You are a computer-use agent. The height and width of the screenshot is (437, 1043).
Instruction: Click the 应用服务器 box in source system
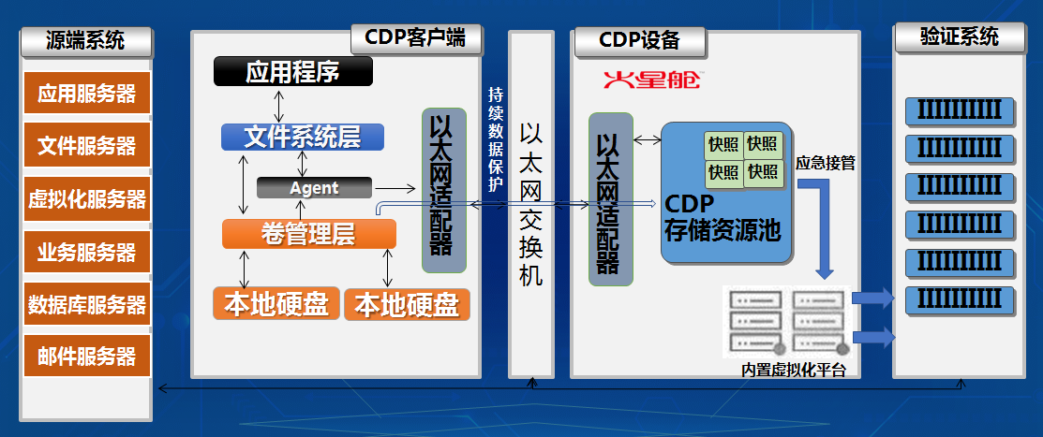tap(86, 95)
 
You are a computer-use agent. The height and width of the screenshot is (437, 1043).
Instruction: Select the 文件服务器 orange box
tap(86, 147)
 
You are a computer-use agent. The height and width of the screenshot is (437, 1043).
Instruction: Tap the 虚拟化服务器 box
tap(86, 199)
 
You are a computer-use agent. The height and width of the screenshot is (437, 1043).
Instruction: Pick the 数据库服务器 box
tap(86, 305)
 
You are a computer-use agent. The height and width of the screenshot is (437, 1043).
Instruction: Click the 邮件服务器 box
tap(86, 357)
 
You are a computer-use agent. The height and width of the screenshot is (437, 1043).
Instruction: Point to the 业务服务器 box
tap(86, 253)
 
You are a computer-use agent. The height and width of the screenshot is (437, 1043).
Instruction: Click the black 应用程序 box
tap(292, 71)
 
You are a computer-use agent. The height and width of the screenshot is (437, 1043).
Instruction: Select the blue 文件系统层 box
tap(303, 137)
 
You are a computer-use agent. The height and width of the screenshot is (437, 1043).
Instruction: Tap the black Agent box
tap(313, 187)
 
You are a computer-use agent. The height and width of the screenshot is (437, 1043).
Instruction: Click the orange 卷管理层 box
tap(308, 234)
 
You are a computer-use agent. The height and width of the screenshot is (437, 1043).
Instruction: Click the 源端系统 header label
tap(85, 40)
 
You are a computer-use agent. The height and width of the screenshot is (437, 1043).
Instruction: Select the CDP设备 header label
tap(639, 40)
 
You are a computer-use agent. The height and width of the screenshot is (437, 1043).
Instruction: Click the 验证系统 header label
tap(960, 37)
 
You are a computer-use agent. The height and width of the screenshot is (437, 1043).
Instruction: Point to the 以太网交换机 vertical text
tap(532, 205)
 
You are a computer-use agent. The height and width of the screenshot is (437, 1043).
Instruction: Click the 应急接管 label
tap(825, 163)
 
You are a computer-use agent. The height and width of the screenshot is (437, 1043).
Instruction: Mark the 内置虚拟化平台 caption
tap(794, 370)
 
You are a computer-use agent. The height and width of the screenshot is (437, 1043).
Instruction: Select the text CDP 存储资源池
tap(722, 218)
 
